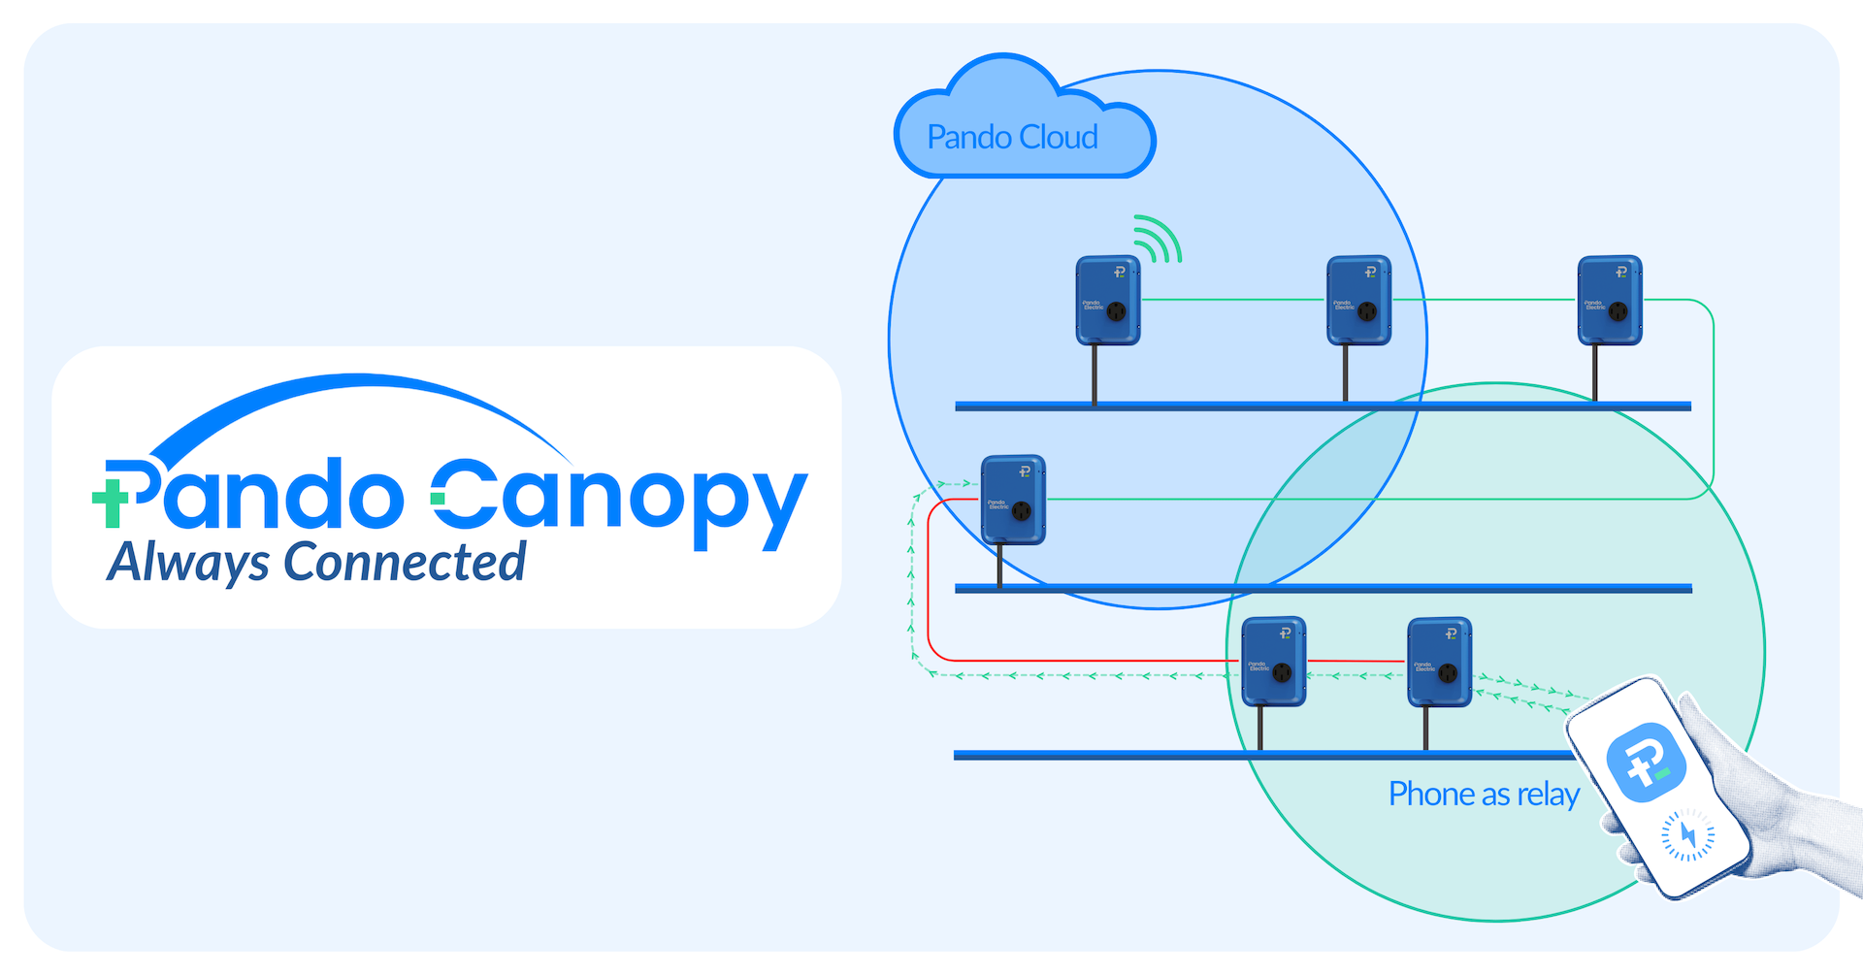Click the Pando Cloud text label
[1012, 138]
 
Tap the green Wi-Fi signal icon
[1157, 241]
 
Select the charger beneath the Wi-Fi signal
[1107, 300]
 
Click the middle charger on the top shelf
[1358, 300]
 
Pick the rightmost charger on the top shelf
[1610, 300]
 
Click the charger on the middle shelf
[1013, 500]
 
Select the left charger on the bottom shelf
[1274, 661]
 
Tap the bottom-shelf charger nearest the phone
[1440, 662]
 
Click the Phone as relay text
[1484, 795]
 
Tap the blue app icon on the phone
[1647, 762]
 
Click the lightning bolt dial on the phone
[1687, 834]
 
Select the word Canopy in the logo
[621, 500]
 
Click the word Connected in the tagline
[405, 563]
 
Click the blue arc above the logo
[359, 388]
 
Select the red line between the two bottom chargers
[1356, 661]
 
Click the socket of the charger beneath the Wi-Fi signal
[1117, 311]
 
